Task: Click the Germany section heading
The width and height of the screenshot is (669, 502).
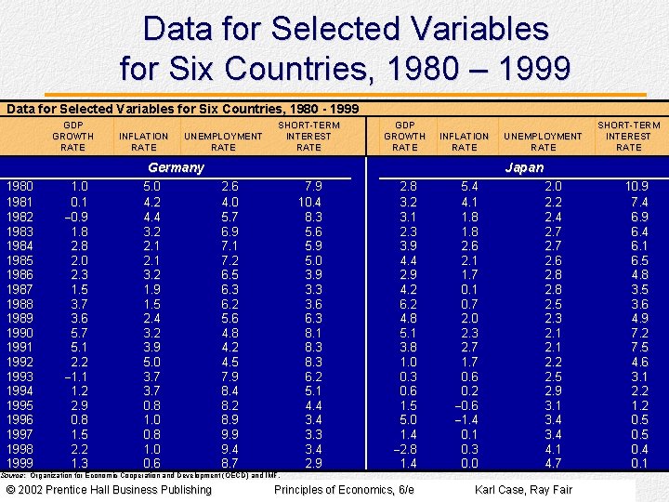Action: [x=176, y=167]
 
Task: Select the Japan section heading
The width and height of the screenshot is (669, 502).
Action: [x=524, y=167]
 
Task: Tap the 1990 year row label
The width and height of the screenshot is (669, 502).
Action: [x=20, y=332]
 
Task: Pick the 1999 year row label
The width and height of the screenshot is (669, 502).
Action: [x=20, y=463]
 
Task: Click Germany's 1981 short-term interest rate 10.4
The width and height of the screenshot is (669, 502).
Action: [x=309, y=201]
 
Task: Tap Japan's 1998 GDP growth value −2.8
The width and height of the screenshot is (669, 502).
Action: [x=404, y=448]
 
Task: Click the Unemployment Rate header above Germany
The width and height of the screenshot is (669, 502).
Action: [x=223, y=141]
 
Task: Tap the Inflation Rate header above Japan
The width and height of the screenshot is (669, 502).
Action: [x=464, y=141]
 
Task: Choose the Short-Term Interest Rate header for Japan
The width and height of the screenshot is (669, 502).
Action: [x=629, y=136]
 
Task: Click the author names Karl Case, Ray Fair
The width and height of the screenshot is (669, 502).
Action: [x=523, y=489]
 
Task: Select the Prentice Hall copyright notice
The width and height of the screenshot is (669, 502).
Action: [x=109, y=489]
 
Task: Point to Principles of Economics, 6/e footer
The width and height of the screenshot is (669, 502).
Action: [x=344, y=489]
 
